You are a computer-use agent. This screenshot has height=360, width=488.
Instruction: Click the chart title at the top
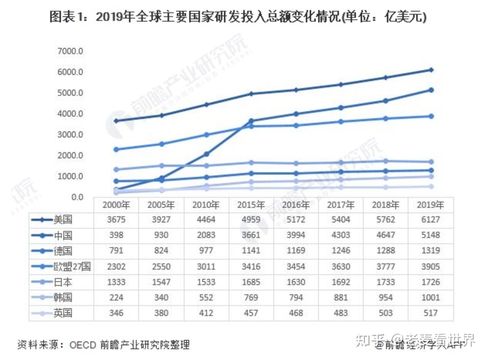pos(238,17)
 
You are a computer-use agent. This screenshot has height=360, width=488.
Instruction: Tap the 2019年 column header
pos(430,205)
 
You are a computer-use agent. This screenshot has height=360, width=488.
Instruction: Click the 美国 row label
pos(63,220)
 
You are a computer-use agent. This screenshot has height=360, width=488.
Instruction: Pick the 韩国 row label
pos(63,297)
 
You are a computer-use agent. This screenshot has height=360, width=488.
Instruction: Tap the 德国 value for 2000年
pos(116,251)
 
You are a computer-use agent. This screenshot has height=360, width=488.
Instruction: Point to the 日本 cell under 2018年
pos(385,282)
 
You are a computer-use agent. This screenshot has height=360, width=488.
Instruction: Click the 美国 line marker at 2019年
pos(431,70)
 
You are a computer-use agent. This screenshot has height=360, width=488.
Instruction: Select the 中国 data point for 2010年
pos(207,154)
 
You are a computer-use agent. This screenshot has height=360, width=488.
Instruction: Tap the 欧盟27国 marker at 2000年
pos(117,149)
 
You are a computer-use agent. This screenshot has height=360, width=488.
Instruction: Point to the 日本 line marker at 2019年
pos(431,162)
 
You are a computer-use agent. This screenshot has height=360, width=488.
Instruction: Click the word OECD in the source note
pos(82,345)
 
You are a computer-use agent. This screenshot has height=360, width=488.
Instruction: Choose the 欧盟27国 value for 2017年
pos(341,267)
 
